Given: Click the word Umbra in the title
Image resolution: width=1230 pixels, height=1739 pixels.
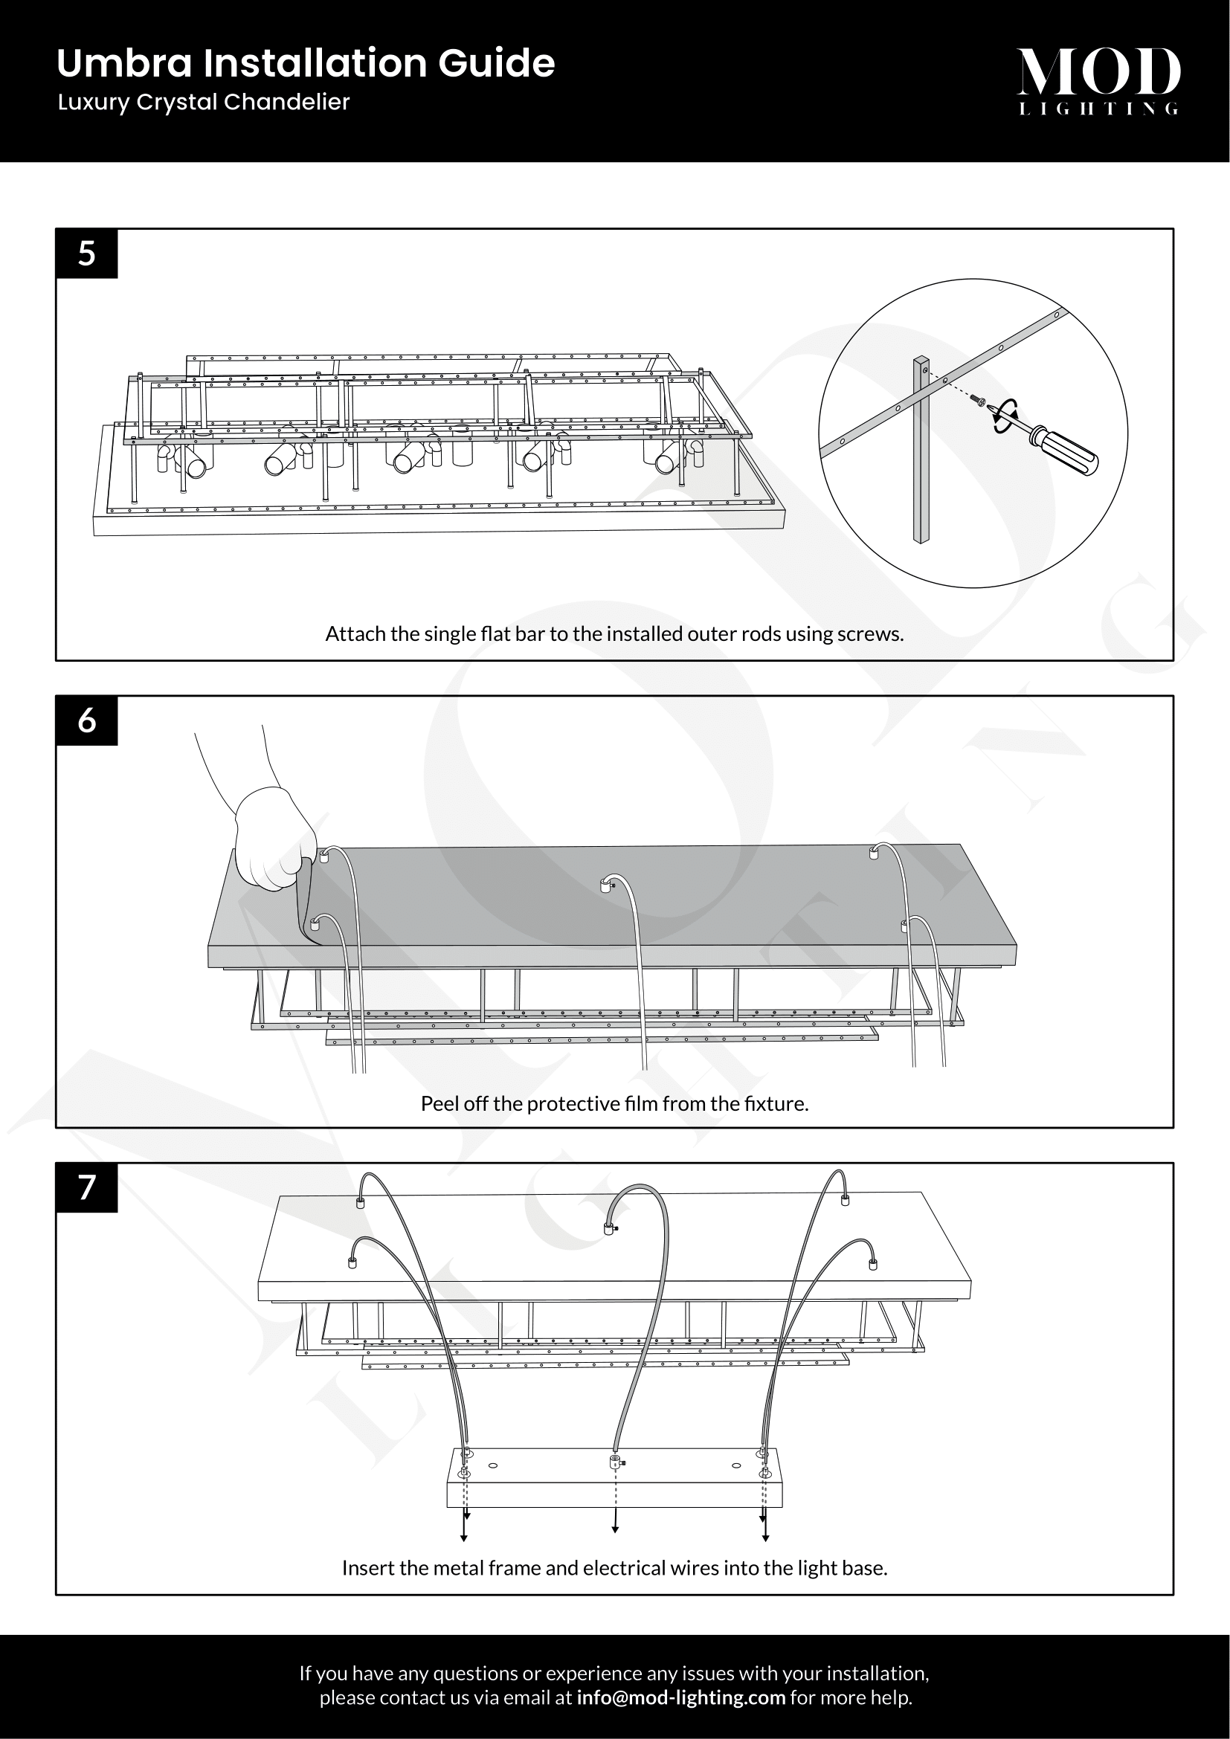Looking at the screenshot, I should click(x=125, y=63).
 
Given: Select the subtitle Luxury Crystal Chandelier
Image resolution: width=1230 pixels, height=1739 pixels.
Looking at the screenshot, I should click(x=203, y=103).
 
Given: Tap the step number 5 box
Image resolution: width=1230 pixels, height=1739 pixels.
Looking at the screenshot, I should click(x=86, y=253).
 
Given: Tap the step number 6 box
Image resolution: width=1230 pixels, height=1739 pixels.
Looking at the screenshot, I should click(x=86, y=720).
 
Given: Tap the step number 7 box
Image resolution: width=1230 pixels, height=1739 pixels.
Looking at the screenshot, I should click(x=86, y=1187).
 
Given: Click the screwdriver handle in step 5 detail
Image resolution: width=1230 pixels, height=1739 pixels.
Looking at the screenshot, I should click(x=1070, y=455).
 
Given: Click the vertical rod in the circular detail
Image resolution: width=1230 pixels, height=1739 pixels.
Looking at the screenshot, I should click(x=921, y=470).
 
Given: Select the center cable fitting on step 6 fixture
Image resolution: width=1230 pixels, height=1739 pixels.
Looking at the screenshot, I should click(x=605, y=884).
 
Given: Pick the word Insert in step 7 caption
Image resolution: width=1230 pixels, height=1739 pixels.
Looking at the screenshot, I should click(x=366, y=1568).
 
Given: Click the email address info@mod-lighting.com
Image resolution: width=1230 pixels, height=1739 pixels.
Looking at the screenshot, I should click(x=680, y=1697).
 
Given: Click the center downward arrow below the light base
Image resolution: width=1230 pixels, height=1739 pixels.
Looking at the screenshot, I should click(x=615, y=1526).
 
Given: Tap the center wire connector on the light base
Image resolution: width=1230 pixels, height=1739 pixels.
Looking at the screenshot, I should click(x=615, y=1460).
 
